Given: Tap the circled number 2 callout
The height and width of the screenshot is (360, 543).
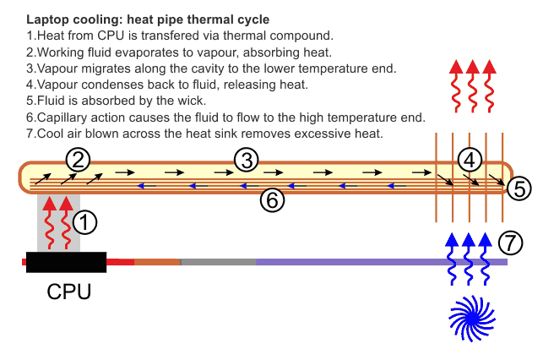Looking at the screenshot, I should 77,158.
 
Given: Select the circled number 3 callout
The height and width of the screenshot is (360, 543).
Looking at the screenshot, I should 246,158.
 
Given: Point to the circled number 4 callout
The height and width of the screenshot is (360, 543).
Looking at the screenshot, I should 472,158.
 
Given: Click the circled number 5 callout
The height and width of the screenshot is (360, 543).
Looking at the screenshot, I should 521,188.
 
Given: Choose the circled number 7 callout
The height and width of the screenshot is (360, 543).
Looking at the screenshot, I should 510,243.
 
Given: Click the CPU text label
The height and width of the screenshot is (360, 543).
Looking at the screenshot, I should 68,292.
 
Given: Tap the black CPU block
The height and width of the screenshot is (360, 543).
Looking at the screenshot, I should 66,262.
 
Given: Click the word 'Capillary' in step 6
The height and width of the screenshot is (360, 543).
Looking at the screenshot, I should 64,117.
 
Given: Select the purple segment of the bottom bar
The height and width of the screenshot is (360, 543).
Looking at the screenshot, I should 380,262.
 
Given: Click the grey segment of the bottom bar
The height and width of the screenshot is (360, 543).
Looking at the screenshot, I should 218,262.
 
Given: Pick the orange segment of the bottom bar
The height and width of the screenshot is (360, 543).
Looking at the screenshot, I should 157,262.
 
